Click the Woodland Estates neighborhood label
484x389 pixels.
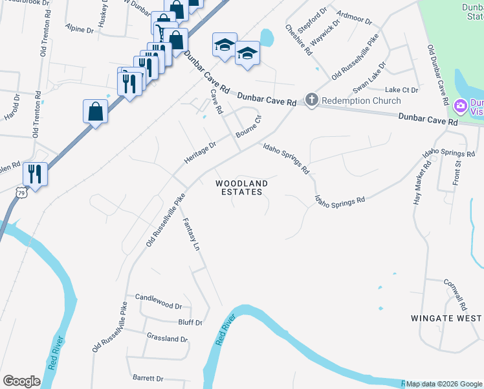click(x=241, y=188)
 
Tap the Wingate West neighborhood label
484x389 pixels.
click(x=446, y=318)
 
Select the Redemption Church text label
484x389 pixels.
click(x=361, y=100)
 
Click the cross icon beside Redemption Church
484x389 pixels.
click(x=312, y=100)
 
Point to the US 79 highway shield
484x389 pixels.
click(x=21, y=193)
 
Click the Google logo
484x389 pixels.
click(x=21, y=381)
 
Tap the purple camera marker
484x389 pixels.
click(x=461, y=106)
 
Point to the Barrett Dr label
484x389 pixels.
click(x=148, y=378)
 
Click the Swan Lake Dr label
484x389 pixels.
click(x=369, y=77)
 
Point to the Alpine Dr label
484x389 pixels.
click(x=79, y=29)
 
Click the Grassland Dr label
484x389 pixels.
click(x=167, y=338)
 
